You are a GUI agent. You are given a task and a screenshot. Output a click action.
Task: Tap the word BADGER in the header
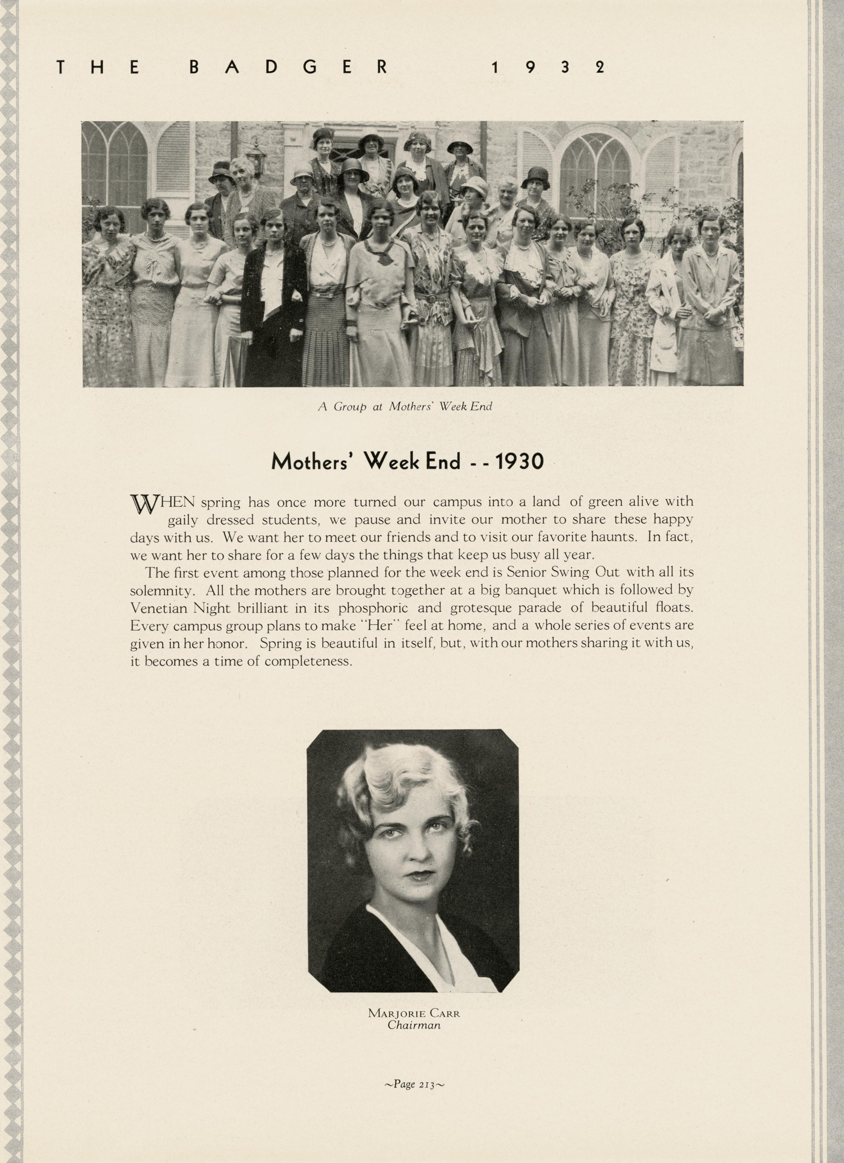coord(288,68)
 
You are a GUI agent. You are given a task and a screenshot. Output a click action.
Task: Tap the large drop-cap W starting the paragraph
coord(143,504)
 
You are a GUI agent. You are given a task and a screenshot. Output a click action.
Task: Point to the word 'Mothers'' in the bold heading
coord(313,462)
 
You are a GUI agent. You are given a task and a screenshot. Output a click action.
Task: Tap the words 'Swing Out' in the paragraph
coord(591,573)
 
